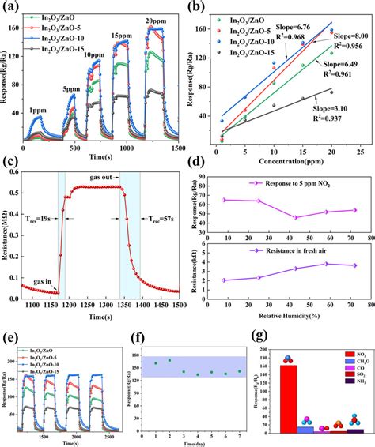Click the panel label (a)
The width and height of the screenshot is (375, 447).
coord(11,9)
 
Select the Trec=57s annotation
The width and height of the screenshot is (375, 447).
coord(159,220)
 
